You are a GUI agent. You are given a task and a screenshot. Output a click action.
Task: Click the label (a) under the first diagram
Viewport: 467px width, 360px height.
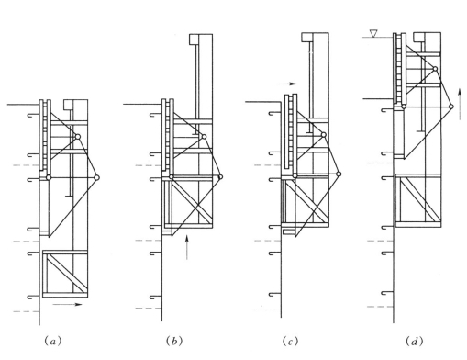(x=53, y=341)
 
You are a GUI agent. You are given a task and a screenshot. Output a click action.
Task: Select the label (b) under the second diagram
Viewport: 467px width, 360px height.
(x=174, y=341)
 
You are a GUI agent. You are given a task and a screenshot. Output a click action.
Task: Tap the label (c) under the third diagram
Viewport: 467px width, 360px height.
(x=290, y=341)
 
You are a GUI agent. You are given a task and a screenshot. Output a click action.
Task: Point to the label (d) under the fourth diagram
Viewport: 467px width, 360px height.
(x=415, y=341)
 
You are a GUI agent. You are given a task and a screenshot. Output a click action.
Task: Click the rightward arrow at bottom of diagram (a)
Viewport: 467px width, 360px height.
(x=67, y=304)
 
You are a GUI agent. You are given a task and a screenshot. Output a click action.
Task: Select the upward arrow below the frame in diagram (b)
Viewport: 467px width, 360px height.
(x=187, y=247)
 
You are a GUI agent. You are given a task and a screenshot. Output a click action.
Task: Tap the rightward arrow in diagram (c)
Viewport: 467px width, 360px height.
(x=287, y=84)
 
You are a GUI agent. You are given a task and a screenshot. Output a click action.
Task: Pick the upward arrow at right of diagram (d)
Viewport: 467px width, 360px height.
(x=460, y=104)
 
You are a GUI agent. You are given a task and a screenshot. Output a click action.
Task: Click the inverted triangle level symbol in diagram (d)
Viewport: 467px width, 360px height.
(x=373, y=33)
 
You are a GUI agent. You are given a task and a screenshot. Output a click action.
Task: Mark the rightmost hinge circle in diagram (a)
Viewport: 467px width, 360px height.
(x=96, y=177)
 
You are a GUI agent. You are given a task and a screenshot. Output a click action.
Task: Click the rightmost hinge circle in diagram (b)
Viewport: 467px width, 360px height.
(x=221, y=177)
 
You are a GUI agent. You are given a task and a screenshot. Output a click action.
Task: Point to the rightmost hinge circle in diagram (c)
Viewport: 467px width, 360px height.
(x=339, y=174)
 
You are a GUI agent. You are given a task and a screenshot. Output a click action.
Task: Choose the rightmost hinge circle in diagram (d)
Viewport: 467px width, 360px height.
(x=451, y=107)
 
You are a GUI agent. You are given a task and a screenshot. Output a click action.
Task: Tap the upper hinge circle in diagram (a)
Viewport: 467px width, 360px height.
(x=78, y=137)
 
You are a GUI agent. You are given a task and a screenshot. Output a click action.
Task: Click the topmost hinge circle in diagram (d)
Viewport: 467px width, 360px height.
(x=435, y=69)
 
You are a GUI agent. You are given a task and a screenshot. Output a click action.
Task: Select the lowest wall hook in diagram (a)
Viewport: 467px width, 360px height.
(x=33, y=297)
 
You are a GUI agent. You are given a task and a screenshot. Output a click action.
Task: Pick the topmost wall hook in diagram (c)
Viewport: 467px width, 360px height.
(x=274, y=114)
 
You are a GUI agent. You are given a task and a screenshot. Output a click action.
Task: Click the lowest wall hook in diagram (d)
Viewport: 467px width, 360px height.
(x=387, y=293)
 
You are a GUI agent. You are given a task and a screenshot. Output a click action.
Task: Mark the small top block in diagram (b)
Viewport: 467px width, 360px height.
(x=194, y=39)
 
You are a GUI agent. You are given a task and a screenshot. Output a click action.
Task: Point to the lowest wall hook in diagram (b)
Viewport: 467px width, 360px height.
(x=156, y=297)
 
